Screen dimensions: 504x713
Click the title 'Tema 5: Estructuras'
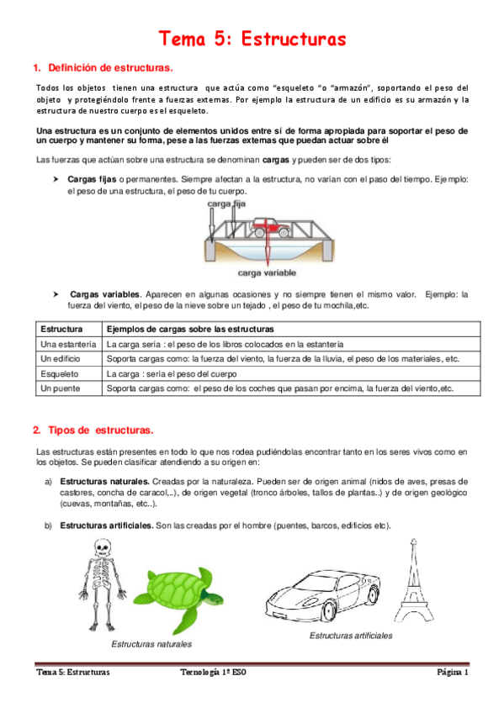252,39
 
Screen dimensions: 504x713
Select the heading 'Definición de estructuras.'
110,68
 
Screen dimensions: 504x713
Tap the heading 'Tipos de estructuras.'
101,430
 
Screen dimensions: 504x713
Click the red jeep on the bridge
271,227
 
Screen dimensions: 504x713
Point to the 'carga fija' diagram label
226,203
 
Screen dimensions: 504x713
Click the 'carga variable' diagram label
267,272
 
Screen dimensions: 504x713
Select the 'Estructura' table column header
62,330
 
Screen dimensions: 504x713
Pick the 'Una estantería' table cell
68,344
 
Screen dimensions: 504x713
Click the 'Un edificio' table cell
60,359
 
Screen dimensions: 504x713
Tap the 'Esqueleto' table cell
60,374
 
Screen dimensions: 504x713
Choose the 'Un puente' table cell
60,388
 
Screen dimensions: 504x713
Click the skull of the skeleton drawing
103,547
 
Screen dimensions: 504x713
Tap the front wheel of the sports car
329,610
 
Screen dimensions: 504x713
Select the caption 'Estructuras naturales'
151,644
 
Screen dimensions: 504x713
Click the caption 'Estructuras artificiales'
351,636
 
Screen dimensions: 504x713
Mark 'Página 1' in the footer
453,672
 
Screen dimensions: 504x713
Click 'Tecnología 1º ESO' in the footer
213,672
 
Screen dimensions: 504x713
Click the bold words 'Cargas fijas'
92,179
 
